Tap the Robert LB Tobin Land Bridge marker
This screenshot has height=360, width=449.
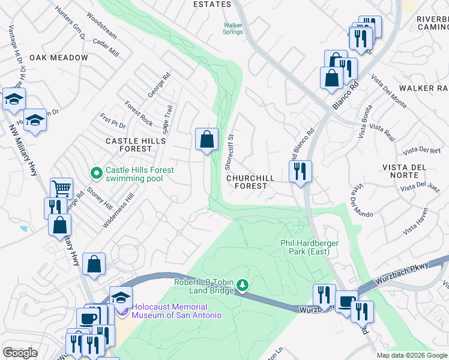[x=243, y=284]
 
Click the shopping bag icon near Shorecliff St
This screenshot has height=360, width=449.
[x=206, y=140]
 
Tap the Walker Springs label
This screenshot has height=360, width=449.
[x=233, y=29]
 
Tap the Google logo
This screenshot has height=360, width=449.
[x=20, y=353]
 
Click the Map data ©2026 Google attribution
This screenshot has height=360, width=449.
[x=412, y=355]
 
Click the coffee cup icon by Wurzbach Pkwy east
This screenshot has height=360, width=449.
[x=346, y=302]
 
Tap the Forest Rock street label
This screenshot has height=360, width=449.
[x=139, y=113]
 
